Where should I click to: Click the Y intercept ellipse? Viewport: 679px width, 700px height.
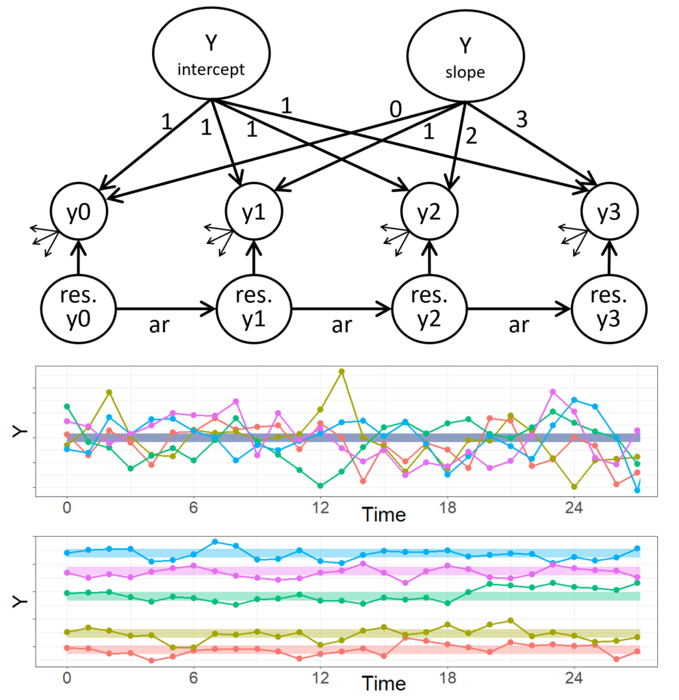pos(212,55)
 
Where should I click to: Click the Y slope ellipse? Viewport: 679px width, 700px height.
pos(464,55)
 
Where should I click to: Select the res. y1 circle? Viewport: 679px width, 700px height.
pos(253,309)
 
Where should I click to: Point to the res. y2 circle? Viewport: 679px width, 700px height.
pos(430,309)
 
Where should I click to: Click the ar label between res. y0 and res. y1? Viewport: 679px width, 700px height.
pos(166,326)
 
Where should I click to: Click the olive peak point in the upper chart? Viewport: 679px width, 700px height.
pos(342,371)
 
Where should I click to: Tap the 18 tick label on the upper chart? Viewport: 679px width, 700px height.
pos(447,509)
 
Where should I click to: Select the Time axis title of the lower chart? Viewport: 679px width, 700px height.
pos(383,682)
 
